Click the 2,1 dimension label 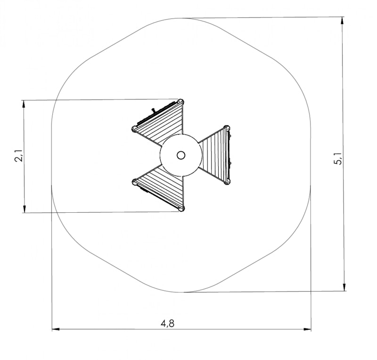[19, 156]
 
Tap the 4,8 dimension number [168, 323]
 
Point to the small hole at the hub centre [181, 155]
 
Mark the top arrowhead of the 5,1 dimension [344, 20]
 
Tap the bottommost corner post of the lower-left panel [181, 208]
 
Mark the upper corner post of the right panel [227, 127]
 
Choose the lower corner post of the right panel [228, 181]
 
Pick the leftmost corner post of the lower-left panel [135, 181]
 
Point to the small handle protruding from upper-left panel [153, 111]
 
